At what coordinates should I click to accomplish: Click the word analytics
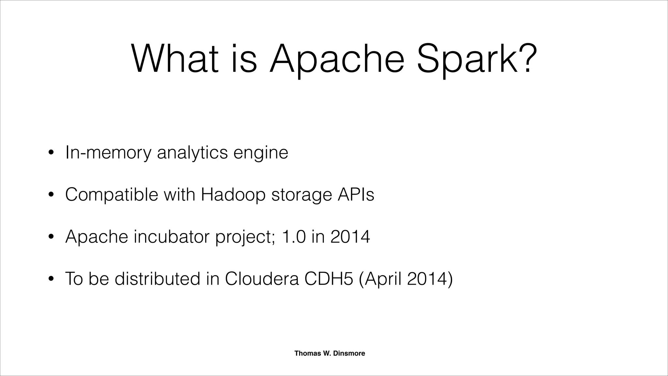[x=192, y=153]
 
